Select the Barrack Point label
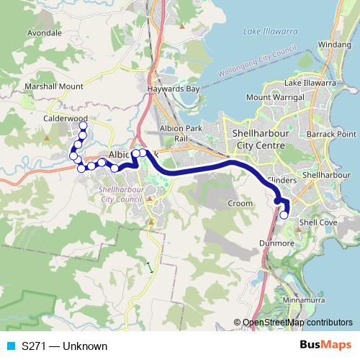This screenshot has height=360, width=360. (x=336, y=134)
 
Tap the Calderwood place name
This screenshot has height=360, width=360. (x=65, y=118)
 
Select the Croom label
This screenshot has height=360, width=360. (x=240, y=204)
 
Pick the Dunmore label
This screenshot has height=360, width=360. (x=274, y=243)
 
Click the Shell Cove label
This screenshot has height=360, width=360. (x=314, y=222)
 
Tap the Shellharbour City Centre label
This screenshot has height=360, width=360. (x=258, y=140)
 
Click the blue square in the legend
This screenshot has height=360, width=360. (x=9, y=346)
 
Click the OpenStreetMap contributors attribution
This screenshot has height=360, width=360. (x=297, y=323)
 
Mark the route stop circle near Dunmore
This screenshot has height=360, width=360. (x=284, y=215)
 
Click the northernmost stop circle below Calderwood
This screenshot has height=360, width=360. (x=83, y=126)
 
